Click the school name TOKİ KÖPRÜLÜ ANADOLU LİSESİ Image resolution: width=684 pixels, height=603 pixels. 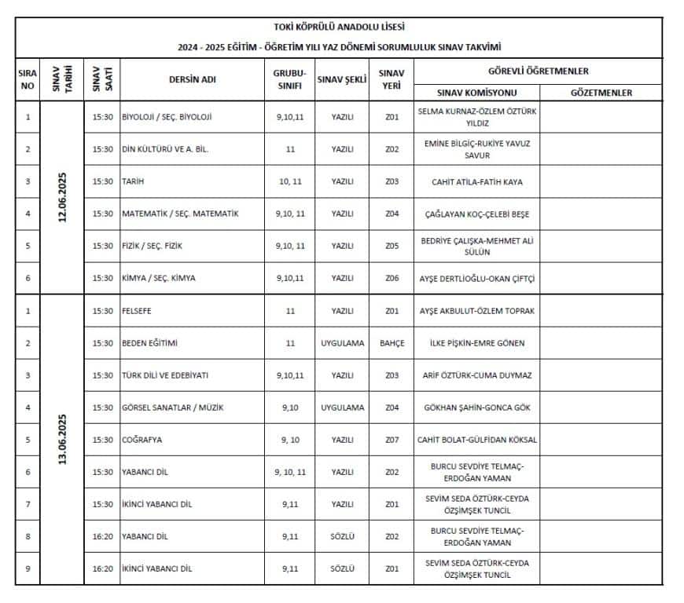click(x=340, y=27)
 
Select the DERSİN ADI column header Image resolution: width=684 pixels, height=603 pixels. click(x=192, y=79)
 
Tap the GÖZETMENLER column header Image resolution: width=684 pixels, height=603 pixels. click(x=601, y=93)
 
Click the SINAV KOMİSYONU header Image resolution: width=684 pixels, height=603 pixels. click(x=476, y=93)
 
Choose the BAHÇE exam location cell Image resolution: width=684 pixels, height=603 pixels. click(x=392, y=343)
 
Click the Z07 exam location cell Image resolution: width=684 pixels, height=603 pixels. click(x=392, y=440)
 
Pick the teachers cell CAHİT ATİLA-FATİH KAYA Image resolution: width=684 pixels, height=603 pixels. click(x=476, y=181)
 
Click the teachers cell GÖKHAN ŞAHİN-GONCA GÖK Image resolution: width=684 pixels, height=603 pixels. click(x=476, y=407)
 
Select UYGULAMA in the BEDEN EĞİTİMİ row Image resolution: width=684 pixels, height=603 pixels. click(x=342, y=343)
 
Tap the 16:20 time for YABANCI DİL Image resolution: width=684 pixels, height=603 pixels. click(x=102, y=536)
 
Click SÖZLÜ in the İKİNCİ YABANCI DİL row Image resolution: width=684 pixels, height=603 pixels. click(x=342, y=568)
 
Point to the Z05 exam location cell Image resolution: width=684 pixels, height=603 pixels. click(x=392, y=246)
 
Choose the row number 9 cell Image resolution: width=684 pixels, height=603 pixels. click(x=28, y=568)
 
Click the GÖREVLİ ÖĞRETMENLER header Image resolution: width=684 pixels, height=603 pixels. click(x=539, y=71)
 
